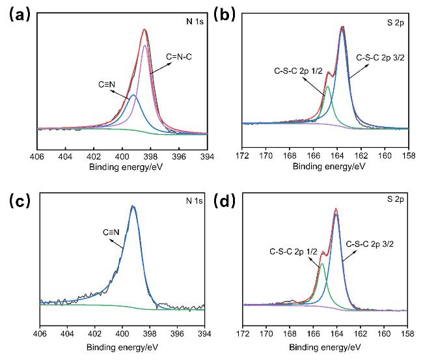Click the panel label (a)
(x=18, y=16)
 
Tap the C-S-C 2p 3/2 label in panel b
(x=380, y=58)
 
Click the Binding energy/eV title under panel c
(x=122, y=347)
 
